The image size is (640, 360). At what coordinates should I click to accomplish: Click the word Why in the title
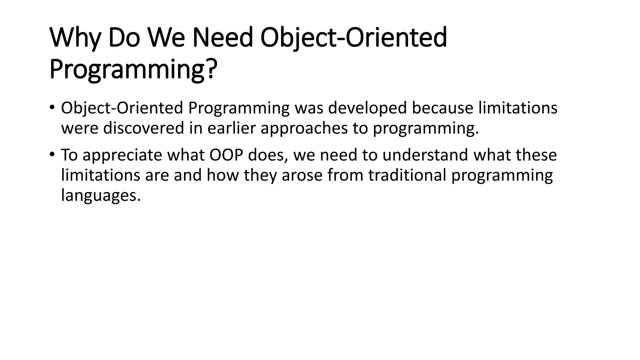75,38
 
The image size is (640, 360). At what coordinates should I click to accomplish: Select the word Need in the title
222,38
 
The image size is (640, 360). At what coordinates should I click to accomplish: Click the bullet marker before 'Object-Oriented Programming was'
52,108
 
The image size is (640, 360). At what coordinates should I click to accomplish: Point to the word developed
367,108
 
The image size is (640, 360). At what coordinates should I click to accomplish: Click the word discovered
143,128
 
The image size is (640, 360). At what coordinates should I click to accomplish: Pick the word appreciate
122,155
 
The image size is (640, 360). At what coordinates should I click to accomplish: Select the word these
536,155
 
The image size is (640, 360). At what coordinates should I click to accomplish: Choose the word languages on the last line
101,196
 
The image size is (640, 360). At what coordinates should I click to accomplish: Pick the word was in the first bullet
309,108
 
